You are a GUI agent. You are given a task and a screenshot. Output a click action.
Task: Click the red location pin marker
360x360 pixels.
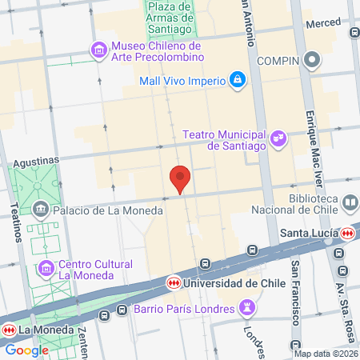click(181, 178)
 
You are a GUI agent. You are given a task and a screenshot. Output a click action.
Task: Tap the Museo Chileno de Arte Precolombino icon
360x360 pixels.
click(100, 50)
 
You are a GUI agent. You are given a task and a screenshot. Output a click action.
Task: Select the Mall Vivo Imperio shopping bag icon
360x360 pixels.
click(238, 79)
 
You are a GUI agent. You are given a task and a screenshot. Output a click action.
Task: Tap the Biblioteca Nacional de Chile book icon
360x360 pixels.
click(350, 204)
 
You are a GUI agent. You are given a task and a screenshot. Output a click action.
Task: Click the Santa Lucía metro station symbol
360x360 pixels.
click(346, 234)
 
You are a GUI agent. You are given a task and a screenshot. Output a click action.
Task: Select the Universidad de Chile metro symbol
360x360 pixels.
click(174, 282)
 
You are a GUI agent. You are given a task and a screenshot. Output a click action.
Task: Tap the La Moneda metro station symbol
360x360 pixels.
click(9, 330)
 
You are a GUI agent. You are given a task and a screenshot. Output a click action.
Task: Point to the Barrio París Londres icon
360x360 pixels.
click(248, 308)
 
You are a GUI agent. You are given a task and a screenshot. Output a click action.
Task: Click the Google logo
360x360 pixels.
click(26, 350)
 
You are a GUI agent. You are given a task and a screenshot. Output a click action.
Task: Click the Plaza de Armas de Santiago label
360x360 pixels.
click(168, 18)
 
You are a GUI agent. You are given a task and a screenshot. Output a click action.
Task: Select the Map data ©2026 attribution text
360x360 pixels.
click(326, 354)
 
